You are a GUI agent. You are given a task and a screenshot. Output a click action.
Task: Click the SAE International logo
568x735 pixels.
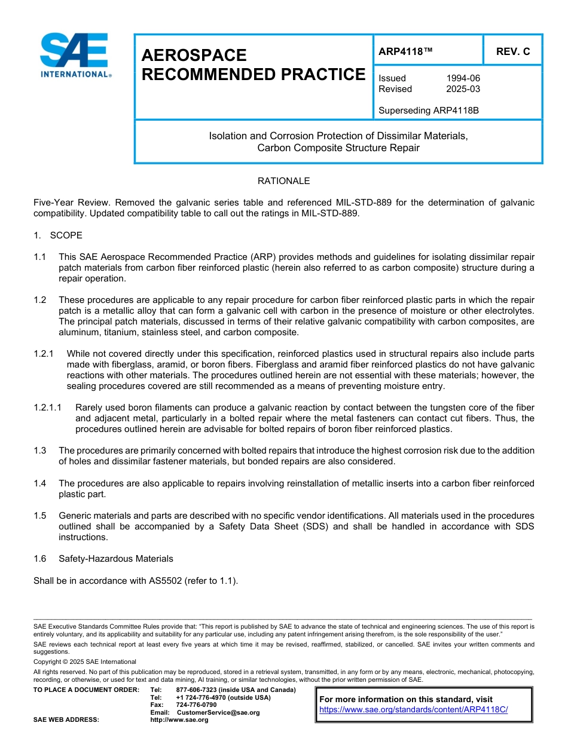point(75,55)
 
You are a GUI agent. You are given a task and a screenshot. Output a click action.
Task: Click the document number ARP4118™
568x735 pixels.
point(405,52)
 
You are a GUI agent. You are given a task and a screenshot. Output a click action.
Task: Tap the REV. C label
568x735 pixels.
point(512,52)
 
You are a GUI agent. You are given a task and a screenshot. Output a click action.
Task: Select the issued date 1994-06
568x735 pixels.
point(463,78)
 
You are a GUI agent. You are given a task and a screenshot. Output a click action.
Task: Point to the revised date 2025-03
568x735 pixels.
point(463,89)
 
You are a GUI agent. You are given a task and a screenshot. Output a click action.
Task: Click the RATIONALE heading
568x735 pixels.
point(283,180)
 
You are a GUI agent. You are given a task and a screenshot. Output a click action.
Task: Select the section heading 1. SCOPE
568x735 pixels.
point(58,235)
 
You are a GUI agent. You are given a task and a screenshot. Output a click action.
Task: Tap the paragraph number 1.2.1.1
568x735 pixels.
point(48,408)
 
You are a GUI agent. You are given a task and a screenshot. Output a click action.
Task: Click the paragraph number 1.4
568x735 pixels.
point(40,483)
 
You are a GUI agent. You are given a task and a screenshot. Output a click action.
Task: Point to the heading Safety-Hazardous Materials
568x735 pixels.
point(115,559)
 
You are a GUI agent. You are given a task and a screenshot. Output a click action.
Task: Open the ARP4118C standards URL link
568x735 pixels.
point(413,709)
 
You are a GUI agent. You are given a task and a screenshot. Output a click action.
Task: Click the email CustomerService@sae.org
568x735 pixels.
point(218,712)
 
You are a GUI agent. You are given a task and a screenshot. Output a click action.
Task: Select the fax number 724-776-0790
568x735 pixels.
point(196,705)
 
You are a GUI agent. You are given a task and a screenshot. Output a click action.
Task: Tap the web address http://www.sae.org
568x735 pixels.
point(179,719)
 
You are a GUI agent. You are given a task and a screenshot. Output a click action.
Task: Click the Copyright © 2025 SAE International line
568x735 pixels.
point(85,661)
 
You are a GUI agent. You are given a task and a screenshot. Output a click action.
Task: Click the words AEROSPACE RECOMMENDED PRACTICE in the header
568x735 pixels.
point(253,65)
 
